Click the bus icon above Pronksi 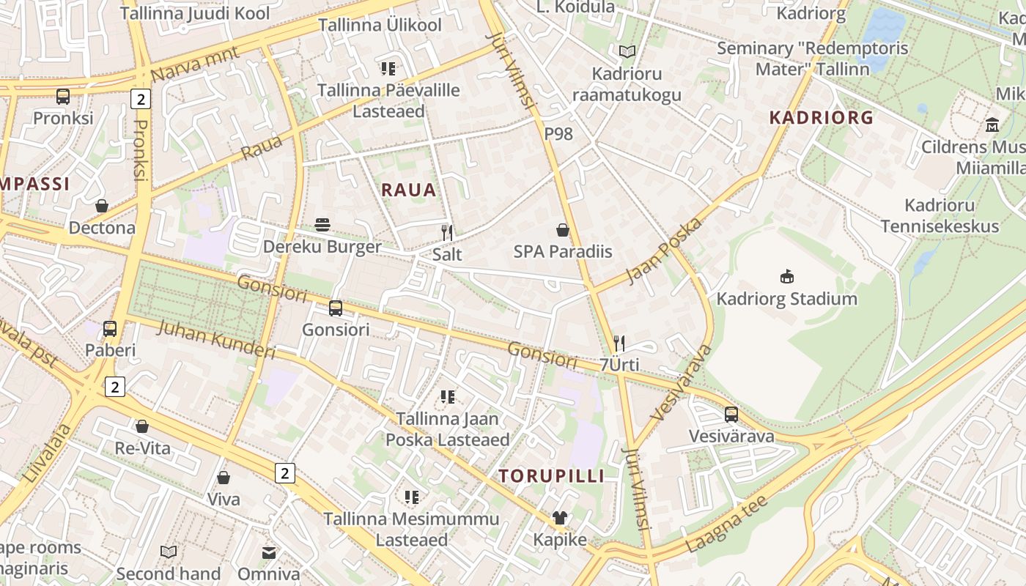(63, 96)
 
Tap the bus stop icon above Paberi (110, 329)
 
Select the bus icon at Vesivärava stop (731, 415)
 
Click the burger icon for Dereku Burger (322, 225)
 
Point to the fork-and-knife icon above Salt (447, 233)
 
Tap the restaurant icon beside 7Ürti (619, 343)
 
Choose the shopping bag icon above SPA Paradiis (563, 230)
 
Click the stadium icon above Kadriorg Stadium (787, 277)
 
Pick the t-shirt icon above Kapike (560, 518)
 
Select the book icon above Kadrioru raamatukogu (627, 51)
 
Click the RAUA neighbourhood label (409, 190)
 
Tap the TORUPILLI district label (552, 476)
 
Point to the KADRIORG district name (821, 117)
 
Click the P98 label (558, 133)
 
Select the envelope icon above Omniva (269, 552)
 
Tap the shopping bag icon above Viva (224, 478)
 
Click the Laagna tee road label (727, 524)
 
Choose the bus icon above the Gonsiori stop (336, 308)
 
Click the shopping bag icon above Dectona (102, 206)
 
